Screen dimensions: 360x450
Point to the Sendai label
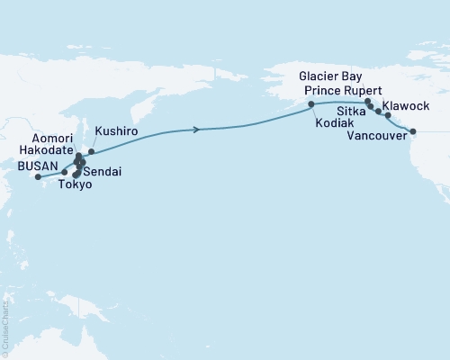pos(103,170)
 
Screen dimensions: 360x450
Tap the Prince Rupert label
pos(338,91)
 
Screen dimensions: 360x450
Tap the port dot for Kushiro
pos(91,152)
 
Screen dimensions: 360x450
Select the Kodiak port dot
pos(311,105)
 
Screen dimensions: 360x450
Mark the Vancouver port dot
pos(413,132)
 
